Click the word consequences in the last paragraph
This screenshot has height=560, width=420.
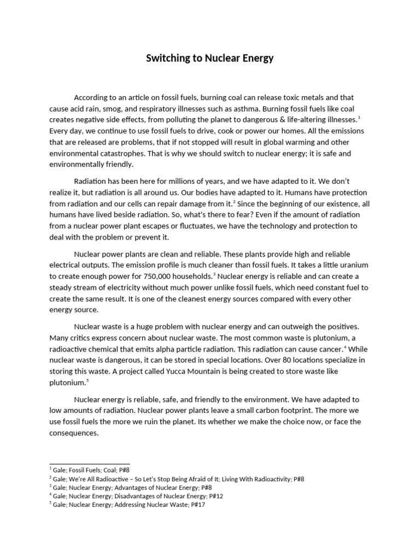pos(74,433)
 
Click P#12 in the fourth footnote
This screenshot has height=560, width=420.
pos(214,497)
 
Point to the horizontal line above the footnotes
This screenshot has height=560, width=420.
pos(90,464)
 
